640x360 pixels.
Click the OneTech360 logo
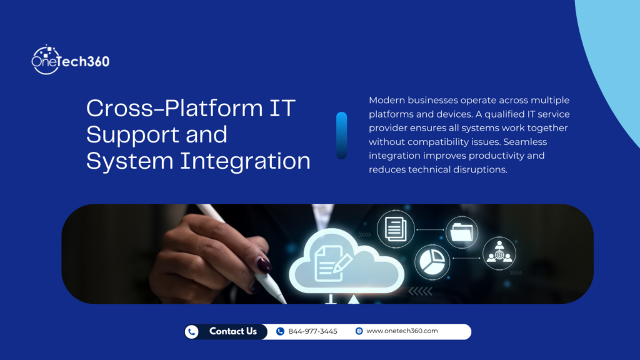coord(70,60)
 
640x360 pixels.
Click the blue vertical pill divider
coord(341,135)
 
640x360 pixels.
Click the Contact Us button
coord(232,331)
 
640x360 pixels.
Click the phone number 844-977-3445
coord(312,331)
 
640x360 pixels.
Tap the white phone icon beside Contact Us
coord(192,332)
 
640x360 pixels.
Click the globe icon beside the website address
coord(359,331)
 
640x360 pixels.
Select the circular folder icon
coord(464,233)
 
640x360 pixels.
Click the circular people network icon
coord(499,252)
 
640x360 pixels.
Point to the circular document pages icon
coord(395,229)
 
